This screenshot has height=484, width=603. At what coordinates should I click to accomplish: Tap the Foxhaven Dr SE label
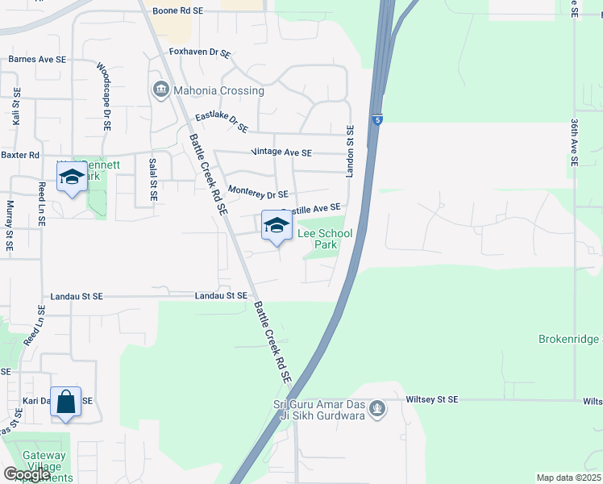pyautogui.click(x=200, y=52)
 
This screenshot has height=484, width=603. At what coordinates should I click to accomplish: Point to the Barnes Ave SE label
pyautogui.click(x=38, y=60)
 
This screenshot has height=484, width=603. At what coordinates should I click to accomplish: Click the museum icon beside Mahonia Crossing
pyautogui.click(x=160, y=88)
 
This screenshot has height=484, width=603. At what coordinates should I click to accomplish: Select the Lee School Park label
pyautogui.click(x=326, y=238)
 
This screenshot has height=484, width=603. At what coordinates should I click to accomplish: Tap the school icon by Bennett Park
pyautogui.click(x=73, y=179)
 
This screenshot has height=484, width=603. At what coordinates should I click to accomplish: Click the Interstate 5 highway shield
pyautogui.click(x=377, y=120)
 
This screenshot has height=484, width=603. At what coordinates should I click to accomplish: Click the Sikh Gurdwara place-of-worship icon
pyautogui.click(x=376, y=410)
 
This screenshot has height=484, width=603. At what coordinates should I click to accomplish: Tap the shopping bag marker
pyautogui.click(x=66, y=402)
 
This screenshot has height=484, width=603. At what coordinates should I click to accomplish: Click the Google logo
pyautogui.click(x=27, y=474)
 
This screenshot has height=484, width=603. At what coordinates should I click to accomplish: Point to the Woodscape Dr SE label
pyautogui.click(x=103, y=97)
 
